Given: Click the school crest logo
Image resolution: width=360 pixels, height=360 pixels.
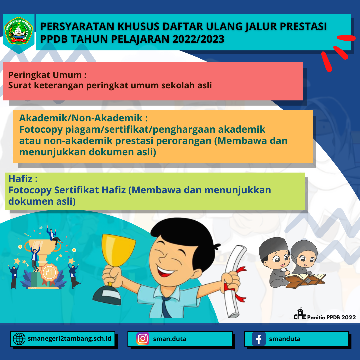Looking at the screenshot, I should pyautogui.click(x=19, y=32).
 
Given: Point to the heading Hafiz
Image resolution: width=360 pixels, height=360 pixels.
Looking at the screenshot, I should pyautogui.click(x=23, y=179).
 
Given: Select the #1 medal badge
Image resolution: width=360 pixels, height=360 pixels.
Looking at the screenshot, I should pyautogui.click(x=49, y=273).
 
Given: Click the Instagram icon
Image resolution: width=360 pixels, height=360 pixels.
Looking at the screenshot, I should pyautogui.click(x=143, y=339).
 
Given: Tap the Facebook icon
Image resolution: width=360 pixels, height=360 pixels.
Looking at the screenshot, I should pyautogui.click(x=259, y=339).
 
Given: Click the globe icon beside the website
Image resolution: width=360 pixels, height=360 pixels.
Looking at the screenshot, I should pyautogui.click(x=19, y=339).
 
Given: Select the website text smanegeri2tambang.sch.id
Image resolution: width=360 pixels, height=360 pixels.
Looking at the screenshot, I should pyautogui.click(x=70, y=339).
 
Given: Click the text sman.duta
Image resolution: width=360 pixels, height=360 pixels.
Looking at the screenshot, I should pyautogui.click(x=170, y=339).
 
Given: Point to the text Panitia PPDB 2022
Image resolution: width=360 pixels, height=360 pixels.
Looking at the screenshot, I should pyautogui.click(x=331, y=317).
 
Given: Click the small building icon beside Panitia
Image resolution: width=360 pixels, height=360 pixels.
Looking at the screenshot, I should pyautogui.click(x=300, y=314).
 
